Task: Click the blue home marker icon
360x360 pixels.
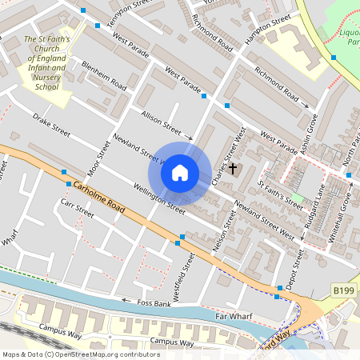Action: (x=180, y=172)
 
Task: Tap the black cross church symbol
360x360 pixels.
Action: (x=234, y=169)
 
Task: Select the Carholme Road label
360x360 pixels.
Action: (x=99, y=197)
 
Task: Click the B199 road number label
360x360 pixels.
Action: (x=343, y=289)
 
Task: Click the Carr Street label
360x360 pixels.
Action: (x=77, y=209)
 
